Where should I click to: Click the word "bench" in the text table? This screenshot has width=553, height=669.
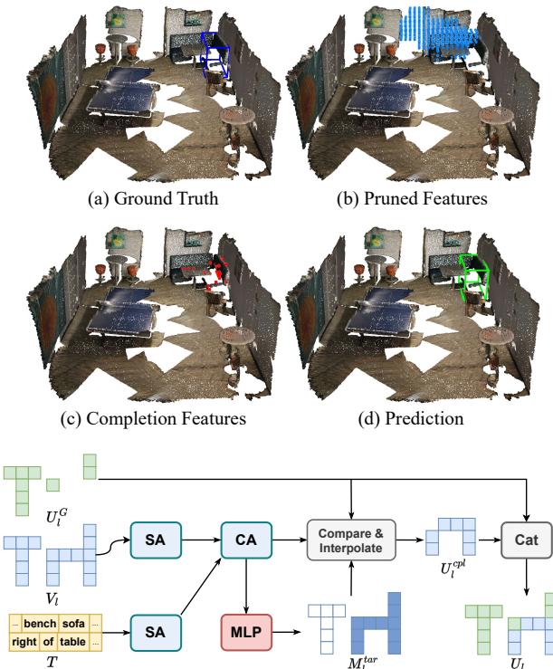pos(39,624)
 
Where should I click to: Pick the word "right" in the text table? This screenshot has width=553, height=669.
pos(27,639)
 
